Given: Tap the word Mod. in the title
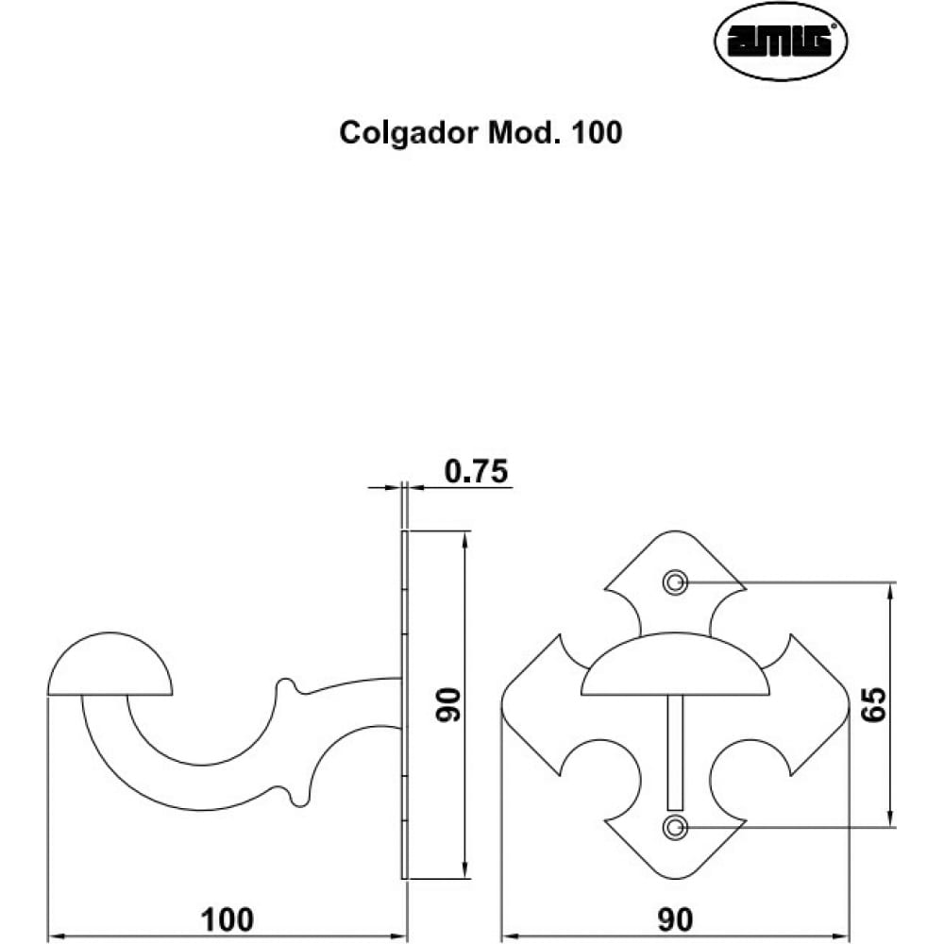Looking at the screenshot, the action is [522, 132].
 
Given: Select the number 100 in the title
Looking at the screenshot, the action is [597, 132].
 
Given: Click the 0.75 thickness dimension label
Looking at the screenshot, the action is [476, 471].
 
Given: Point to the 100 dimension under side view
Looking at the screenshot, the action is [227, 919].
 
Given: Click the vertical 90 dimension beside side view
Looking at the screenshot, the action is [448, 704].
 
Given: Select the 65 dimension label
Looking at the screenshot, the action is [873, 704].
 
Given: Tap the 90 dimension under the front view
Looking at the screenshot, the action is [675, 919].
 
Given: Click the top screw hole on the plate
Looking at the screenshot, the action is [674, 582].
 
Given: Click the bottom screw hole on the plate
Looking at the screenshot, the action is [674, 827].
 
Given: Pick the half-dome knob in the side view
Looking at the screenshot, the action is [110, 664].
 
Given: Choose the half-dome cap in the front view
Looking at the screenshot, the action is [675, 664].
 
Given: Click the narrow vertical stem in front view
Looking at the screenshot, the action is [675, 752].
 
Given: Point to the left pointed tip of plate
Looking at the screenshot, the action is [501, 703].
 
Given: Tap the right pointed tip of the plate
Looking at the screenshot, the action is [849, 703].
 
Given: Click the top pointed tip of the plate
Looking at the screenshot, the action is [675, 531].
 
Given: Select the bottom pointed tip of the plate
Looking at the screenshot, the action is [675, 878].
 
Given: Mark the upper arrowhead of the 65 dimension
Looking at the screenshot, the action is [890, 590].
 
